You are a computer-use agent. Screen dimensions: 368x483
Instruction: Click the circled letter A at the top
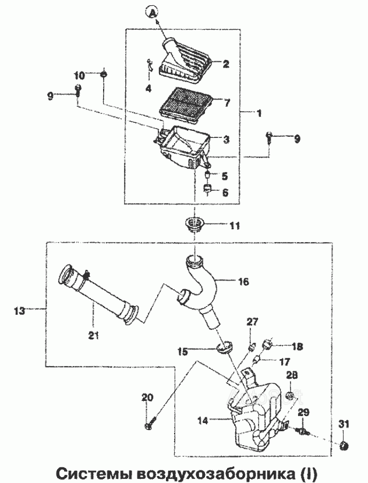(x=151, y=12)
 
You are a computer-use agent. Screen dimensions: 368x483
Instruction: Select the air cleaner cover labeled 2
(x=185, y=61)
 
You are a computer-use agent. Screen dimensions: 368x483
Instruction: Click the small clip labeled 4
(x=150, y=65)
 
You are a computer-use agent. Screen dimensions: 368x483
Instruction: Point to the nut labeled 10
(x=104, y=74)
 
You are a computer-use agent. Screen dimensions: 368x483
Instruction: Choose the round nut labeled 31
(x=344, y=445)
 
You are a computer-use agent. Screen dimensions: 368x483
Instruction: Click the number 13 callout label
(x=20, y=311)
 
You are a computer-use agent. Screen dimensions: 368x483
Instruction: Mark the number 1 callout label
(x=259, y=113)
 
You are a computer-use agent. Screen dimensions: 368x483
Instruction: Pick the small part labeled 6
(x=207, y=188)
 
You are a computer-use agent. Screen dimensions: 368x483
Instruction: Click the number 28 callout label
(x=292, y=375)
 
